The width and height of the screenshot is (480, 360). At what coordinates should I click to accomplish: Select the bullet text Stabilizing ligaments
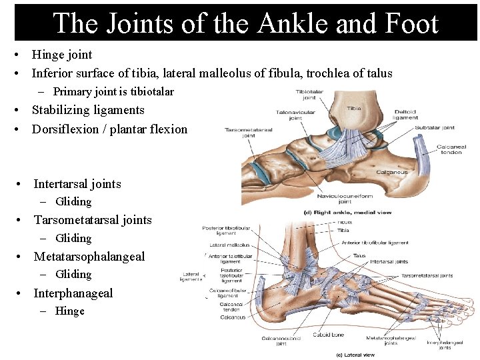click(88, 110)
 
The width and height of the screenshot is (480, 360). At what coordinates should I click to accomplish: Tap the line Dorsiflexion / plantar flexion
click(109, 129)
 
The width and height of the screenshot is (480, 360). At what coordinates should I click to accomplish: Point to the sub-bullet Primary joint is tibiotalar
click(113, 91)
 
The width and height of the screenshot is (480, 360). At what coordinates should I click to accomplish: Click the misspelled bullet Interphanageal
click(73, 293)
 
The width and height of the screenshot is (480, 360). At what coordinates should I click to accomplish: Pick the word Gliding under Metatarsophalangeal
click(73, 274)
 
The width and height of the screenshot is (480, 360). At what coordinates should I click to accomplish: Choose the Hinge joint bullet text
click(62, 55)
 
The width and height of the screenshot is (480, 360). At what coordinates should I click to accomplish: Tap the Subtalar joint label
click(434, 127)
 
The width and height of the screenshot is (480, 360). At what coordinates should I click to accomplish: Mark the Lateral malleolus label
click(229, 245)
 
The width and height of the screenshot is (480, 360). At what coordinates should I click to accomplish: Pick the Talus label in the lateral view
click(359, 255)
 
